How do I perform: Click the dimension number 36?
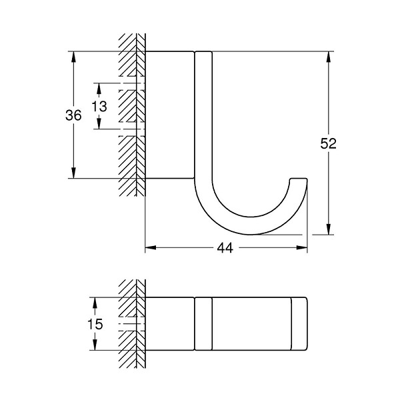[x=73, y=115]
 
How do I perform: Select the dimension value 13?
[x=99, y=106]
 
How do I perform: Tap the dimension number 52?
[x=328, y=143]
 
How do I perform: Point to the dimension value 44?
[x=225, y=248]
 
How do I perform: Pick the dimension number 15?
[x=95, y=324]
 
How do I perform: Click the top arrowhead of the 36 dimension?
[x=73, y=57]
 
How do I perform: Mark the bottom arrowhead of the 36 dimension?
[x=73, y=173]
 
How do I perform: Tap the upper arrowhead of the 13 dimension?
[x=99, y=89]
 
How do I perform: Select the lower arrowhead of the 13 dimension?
[x=99, y=124]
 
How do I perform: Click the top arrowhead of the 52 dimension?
[x=329, y=57]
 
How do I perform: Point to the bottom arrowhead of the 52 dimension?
[x=329, y=229]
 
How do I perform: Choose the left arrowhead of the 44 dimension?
[x=151, y=247]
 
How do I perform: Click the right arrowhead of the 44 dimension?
[x=302, y=247]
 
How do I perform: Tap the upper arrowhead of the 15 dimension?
[x=95, y=303]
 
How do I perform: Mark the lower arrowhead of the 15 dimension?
[x=95, y=345]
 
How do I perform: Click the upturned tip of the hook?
[x=299, y=179]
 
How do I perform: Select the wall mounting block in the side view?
[x=169, y=115]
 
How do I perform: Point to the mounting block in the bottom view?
[x=169, y=324]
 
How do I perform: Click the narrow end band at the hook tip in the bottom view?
[x=299, y=324]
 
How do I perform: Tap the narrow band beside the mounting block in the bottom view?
[x=203, y=324]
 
